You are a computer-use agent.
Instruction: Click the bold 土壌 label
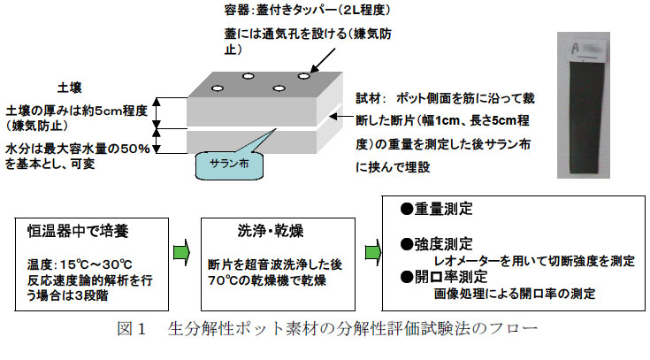click(69, 88)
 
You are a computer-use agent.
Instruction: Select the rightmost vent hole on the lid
click(304, 76)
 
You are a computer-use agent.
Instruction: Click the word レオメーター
click(468, 260)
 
